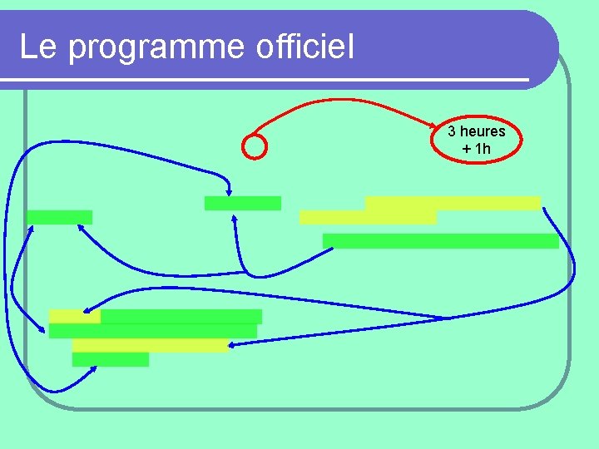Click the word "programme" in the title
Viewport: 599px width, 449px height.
coord(154,47)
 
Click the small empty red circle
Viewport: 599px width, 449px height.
coord(255,146)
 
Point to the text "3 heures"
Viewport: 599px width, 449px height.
coord(476,131)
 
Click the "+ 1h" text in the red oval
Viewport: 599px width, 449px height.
coord(476,149)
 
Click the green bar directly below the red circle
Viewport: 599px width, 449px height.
coord(242,203)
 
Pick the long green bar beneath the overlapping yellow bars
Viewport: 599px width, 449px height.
coord(440,241)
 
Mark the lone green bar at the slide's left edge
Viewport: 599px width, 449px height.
coord(59,217)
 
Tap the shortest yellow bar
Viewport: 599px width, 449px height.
coord(74,316)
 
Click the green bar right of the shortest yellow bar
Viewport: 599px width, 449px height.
coord(181,316)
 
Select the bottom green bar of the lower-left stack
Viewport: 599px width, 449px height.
coord(110,359)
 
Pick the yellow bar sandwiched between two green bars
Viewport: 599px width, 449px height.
coord(150,345)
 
